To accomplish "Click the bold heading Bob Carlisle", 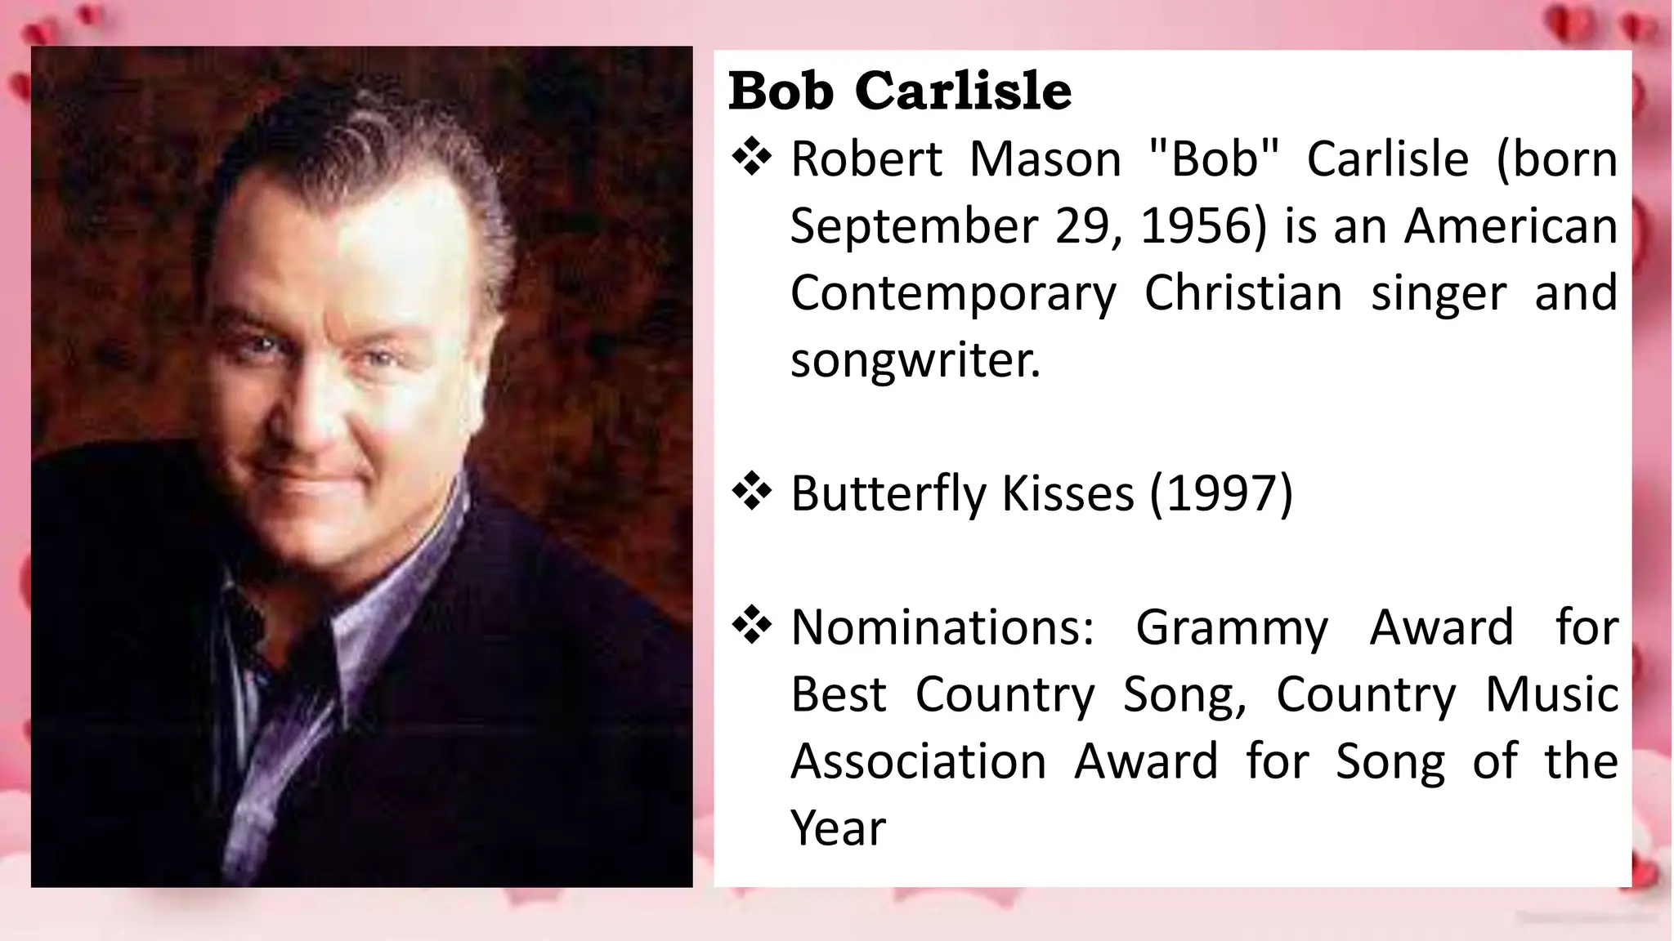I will (x=899, y=91).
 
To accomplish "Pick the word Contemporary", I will (x=952, y=293).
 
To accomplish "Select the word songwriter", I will (x=915, y=360).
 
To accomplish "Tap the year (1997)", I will (x=1221, y=493).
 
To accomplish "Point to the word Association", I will (x=918, y=761).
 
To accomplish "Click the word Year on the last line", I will (x=838, y=828).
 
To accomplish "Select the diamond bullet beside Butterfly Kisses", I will (x=751, y=493).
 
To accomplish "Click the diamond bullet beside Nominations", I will (x=751, y=627).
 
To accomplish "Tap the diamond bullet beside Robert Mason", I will (x=751, y=158).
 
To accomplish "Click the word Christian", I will (x=1242, y=293).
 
